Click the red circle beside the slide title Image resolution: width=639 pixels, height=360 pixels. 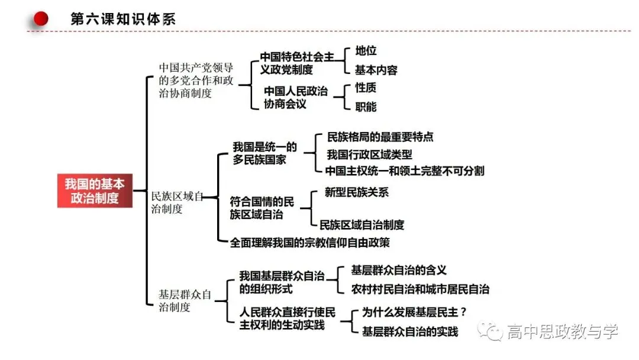coord(41,18)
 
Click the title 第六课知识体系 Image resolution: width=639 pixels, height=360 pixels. coord(123,19)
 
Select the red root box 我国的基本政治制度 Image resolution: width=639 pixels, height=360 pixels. coord(95,191)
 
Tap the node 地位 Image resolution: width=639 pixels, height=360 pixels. coord(366,50)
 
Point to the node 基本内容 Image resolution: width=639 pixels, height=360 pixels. coord(376,70)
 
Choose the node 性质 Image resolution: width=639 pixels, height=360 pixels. coord(366,88)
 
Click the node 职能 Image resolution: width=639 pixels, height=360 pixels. coord(366,107)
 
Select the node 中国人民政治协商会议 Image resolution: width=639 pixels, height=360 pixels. coord(295,98)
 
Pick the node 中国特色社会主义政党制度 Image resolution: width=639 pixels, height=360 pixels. coord(297,63)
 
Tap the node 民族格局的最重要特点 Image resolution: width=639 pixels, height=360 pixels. coord(380,137)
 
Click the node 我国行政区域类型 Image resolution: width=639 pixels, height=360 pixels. coord(369,155)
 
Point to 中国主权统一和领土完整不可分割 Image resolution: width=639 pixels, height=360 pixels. coord(405,171)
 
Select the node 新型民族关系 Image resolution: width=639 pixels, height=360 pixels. coord(357,192)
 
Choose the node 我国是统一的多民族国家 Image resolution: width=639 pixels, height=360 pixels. coord(265,153)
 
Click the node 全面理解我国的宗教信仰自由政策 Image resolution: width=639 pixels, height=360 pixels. coord(309,243)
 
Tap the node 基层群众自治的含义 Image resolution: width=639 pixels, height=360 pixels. coord(399,270)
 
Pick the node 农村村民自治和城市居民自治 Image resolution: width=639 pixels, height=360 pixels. coord(420,289)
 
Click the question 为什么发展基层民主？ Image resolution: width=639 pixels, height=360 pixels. coord(414,312)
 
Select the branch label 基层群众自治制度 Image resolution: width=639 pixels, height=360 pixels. coord(185,301)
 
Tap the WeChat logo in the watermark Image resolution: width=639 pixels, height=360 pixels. coord(490,331)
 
